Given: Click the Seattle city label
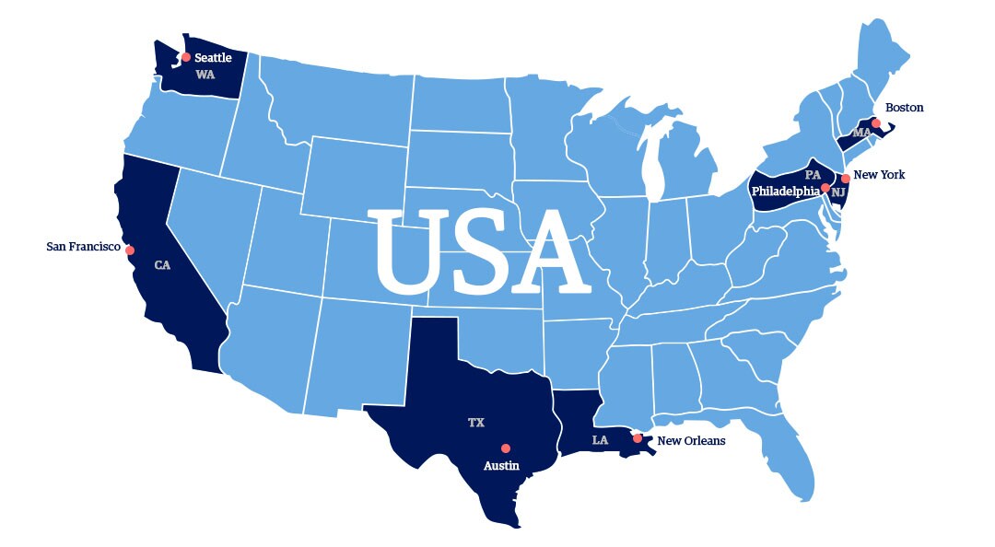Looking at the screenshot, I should click(213, 58).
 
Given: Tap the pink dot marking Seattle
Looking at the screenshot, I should click(186, 57).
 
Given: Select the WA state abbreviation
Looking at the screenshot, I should click(205, 75).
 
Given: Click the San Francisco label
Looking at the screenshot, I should click(83, 247).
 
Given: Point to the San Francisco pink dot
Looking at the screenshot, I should click(130, 250).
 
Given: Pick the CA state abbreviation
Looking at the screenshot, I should click(162, 265).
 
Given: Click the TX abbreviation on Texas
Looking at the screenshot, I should click(475, 423).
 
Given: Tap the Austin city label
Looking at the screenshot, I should click(501, 466).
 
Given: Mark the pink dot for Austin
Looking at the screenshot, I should click(505, 448).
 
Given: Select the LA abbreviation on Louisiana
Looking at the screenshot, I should click(600, 440).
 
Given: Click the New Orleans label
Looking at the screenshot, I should click(691, 441).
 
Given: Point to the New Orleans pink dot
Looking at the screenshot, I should click(638, 438).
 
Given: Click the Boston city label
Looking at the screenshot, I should click(904, 108).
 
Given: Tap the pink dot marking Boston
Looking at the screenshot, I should click(876, 123).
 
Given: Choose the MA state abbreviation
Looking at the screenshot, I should click(861, 133).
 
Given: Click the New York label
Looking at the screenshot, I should click(879, 175).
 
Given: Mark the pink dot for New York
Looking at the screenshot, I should click(846, 178).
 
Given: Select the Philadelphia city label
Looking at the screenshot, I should click(785, 191).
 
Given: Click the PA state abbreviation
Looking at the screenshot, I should click(812, 174).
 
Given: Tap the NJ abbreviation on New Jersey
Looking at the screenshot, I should click(837, 192).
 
